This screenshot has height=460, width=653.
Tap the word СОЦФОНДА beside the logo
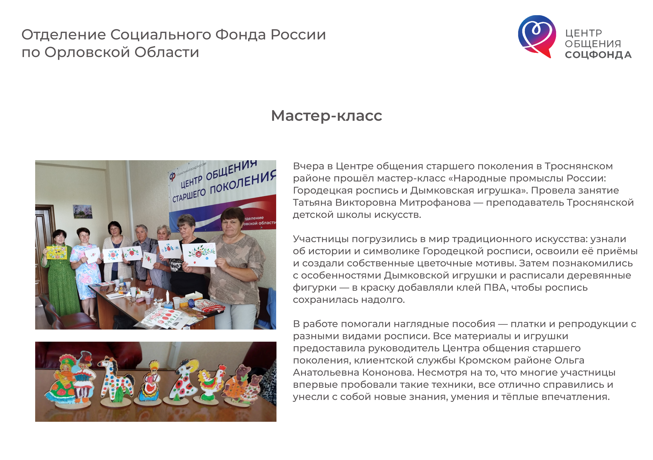click(598, 55)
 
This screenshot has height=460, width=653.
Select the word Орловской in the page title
click(87, 52)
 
